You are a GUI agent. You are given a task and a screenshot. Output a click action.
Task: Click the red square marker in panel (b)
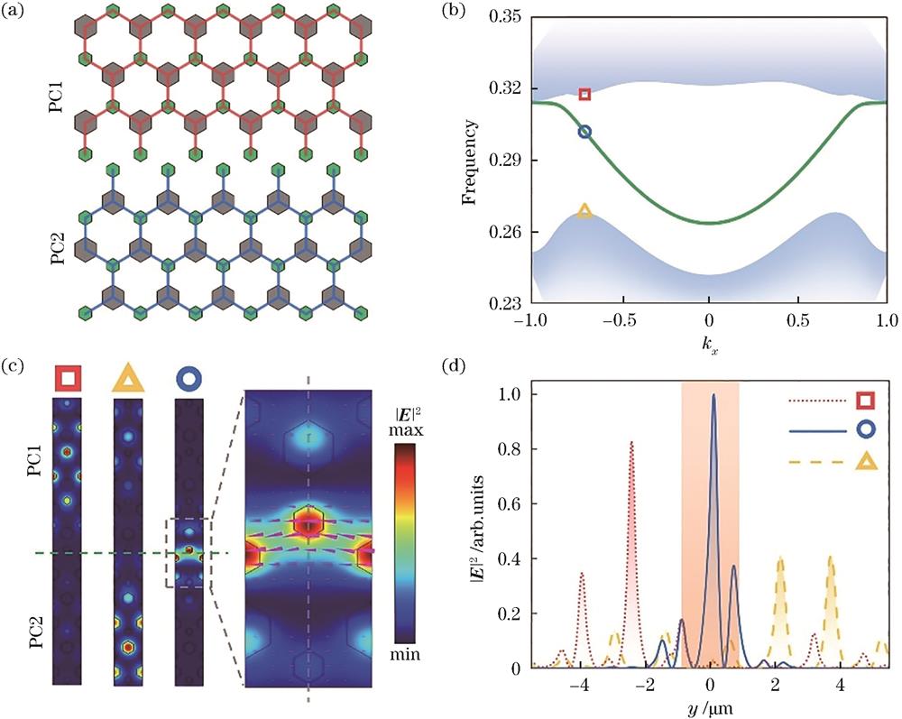[x=584, y=94]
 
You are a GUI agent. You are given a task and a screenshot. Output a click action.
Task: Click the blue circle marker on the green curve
[x=584, y=132]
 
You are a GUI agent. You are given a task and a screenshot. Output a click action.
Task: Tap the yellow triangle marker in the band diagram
[x=584, y=211]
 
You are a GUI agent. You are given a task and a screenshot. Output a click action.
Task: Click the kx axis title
[x=710, y=344]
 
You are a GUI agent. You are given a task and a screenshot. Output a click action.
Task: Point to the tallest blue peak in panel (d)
[x=713, y=395]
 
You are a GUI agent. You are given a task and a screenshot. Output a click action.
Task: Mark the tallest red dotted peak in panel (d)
[x=631, y=443]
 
